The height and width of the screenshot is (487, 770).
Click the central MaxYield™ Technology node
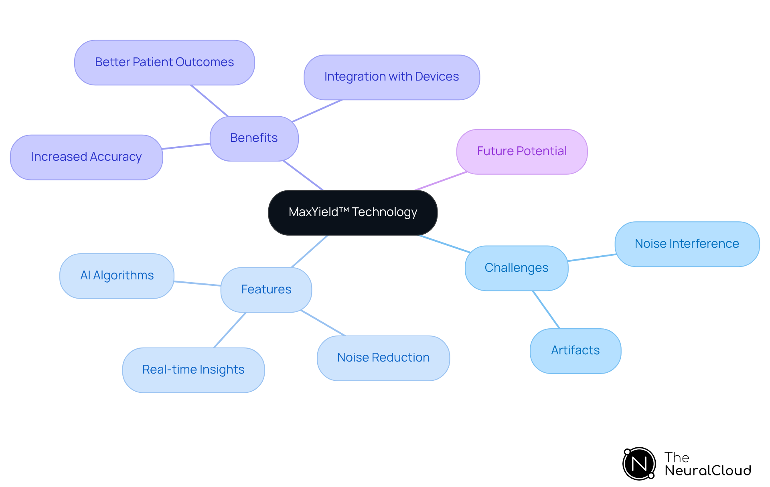[353, 212]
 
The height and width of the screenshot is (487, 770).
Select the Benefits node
[254, 138]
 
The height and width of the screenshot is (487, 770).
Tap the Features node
[266, 289]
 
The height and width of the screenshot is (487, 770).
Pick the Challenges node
[517, 268]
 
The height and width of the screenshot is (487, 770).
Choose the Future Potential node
[522, 152]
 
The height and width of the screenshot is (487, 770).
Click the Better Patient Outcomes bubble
[164, 63]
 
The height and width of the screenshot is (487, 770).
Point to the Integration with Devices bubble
[391, 77]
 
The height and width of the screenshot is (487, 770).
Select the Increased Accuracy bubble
[86, 157]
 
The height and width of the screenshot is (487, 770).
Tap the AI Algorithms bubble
[117, 276]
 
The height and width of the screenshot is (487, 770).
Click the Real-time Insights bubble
[193, 370]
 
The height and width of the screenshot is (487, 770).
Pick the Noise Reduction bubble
[383, 358]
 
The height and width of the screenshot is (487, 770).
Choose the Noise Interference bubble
[687, 244]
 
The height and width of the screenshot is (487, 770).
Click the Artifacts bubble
[575, 351]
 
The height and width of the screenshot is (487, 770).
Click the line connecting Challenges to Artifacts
[546, 310]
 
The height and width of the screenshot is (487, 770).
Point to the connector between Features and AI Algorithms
[197, 283]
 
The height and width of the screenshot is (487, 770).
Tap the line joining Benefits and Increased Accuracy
[186, 146]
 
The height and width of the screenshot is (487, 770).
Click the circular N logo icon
[639, 464]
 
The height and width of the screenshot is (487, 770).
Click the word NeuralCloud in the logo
[708, 471]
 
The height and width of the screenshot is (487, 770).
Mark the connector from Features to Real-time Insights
[230, 330]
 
